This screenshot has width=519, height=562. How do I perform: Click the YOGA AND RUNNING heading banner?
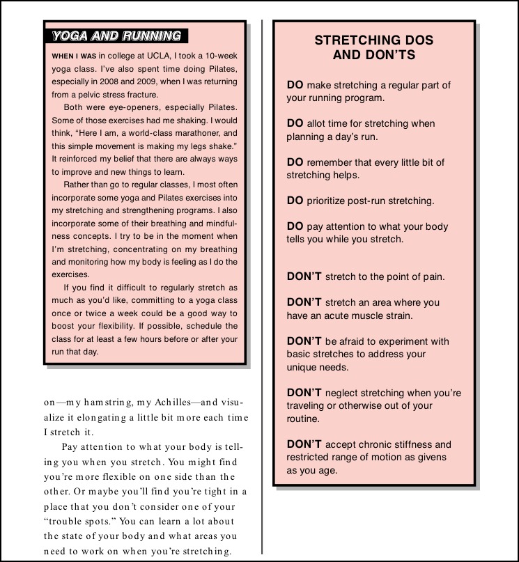coord(115,36)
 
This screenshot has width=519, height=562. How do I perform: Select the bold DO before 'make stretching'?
coord(295,85)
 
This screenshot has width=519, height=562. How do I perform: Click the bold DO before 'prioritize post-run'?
coord(295,201)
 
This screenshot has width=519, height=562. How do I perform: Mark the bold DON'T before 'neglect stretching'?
coord(304,393)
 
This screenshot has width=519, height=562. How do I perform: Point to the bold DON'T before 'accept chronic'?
coord(304,444)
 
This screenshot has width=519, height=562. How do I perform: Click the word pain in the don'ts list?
coord(432,276)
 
